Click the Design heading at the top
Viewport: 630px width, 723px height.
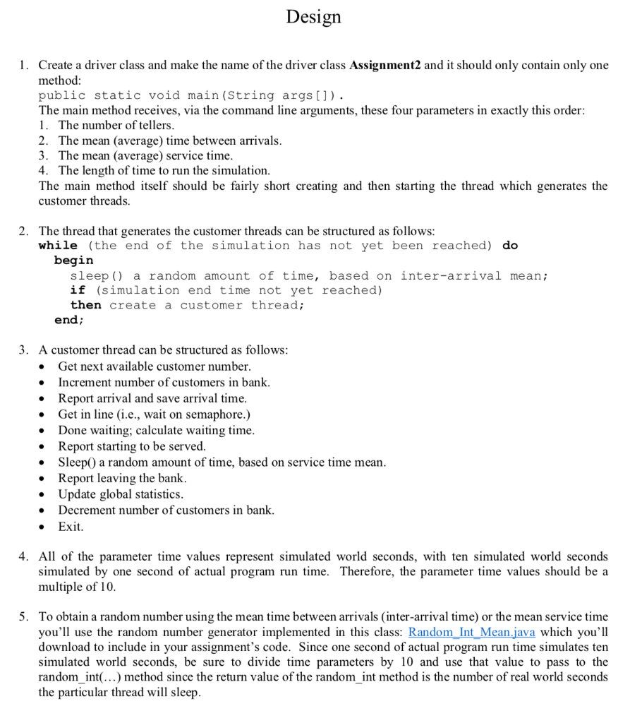click(x=314, y=16)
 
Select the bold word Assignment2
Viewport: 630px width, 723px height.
click(x=385, y=65)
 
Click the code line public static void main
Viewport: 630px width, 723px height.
click(x=190, y=95)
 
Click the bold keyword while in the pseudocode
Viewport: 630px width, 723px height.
click(x=58, y=246)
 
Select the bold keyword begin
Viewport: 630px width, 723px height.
click(x=73, y=261)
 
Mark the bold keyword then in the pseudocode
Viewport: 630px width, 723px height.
click(x=85, y=305)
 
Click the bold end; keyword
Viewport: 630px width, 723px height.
click(x=69, y=320)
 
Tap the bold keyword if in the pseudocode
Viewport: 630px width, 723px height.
click(x=78, y=290)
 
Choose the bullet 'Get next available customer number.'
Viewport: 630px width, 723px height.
click(x=154, y=366)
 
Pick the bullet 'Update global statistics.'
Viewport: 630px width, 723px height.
click(x=121, y=494)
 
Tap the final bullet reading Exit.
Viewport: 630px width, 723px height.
click(x=71, y=527)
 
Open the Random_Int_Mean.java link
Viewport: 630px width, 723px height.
click(x=472, y=632)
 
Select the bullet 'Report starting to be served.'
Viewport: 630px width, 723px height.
click(x=132, y=446)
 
